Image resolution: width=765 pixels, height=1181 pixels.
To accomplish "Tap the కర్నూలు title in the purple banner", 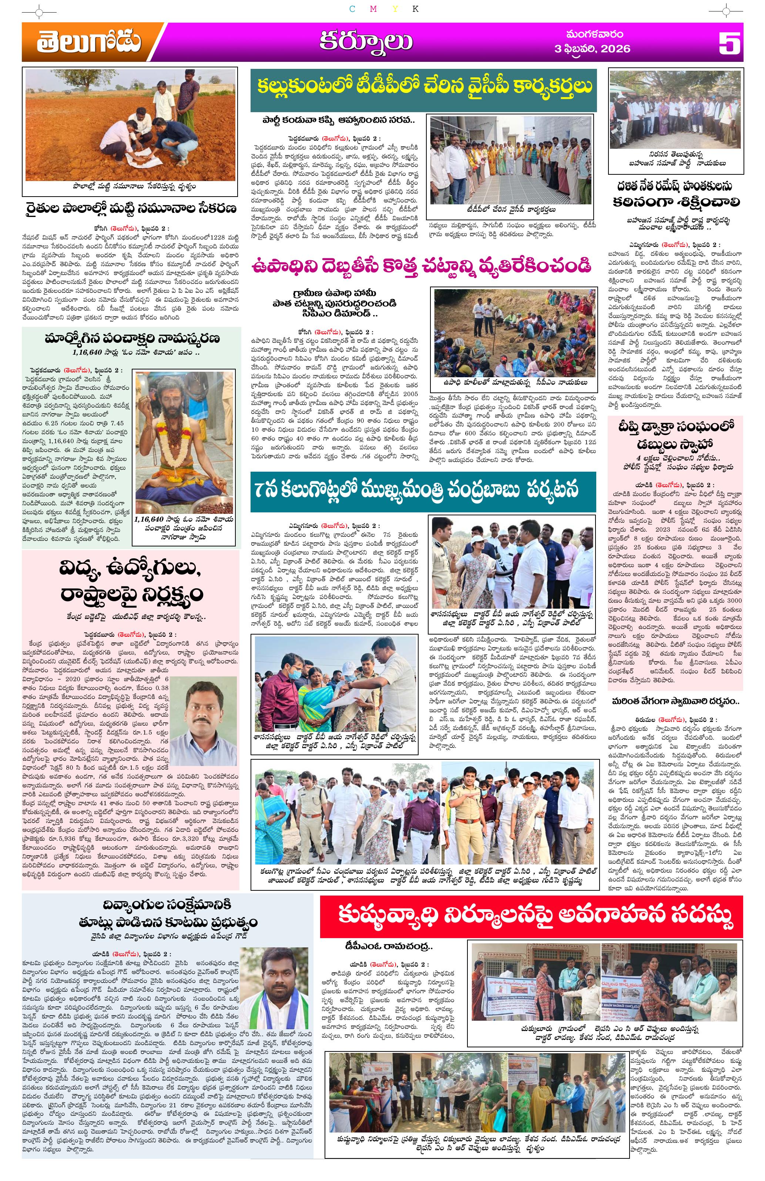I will [365, 42].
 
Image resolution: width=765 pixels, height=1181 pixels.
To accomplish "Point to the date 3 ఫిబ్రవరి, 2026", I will [593, 48].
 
